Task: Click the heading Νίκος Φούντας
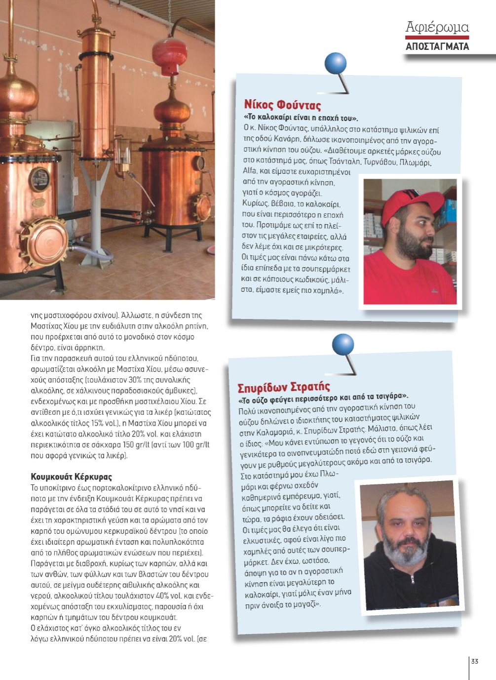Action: tap(282, 105)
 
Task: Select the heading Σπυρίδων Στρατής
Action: tap(283, 386)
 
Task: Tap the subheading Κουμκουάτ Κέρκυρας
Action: tap(71, 477)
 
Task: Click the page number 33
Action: tap(475, 662)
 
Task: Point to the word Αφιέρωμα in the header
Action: tap(437, 27)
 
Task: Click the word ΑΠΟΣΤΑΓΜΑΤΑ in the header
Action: tap(437, 47)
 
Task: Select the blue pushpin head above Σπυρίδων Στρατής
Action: tap(343, 344)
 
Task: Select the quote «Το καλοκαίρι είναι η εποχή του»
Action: tap(301, 119)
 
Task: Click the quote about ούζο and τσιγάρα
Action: tap(323, 397)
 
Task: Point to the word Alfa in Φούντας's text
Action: tap(252, 171)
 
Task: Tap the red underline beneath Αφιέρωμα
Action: tap(437, 38)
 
